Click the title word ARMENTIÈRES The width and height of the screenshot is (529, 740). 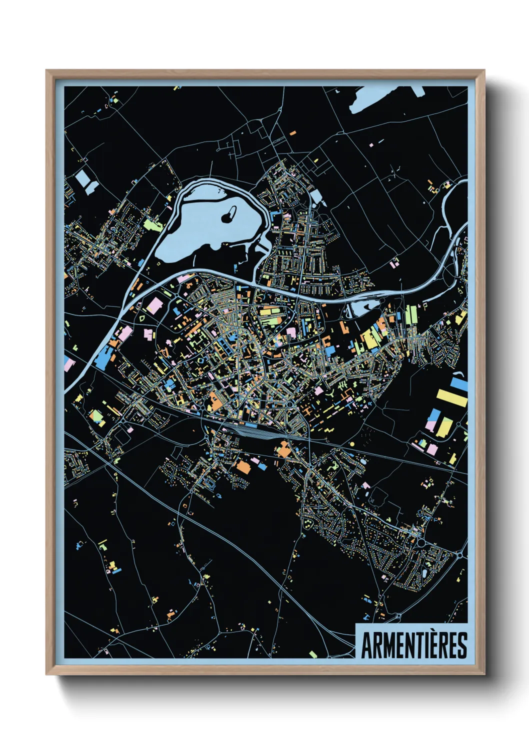pyautogui.click(x=413, y=645)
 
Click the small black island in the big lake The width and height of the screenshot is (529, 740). pyautogui.click(x=228, y=215)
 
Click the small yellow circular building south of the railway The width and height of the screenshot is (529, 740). pyautogui.click(x=351, y=443)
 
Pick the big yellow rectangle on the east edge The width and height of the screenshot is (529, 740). pyautogui.click(x=451, y=397)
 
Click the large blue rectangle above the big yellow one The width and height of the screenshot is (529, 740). pyautogui.click(x=459, y=384)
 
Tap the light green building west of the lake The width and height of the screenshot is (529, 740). pyautogui.click(x=153, y=224)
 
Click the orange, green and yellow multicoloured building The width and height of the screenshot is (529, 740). pyautogui.click(x=96, y=416)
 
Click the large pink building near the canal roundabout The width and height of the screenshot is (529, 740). pyautogui.click(x=153, y=305)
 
